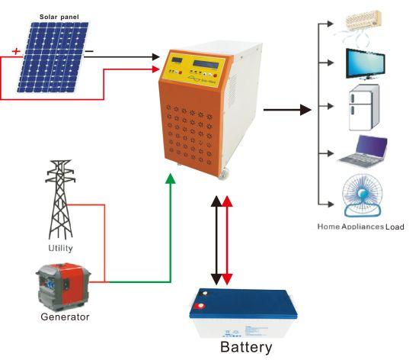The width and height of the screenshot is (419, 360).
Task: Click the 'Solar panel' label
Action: pyautogui.click(x=59, y=17)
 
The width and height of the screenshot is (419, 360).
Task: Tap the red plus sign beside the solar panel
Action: pyautogui.click(x=16, y=51)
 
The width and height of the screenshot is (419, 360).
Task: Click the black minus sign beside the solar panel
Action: pyautogui.click(x=89, y=51)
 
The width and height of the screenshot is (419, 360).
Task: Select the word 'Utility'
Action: pyautogui.click(x=60, y=248)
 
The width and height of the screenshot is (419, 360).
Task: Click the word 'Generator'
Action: pyautogui.click(x=65, y=317)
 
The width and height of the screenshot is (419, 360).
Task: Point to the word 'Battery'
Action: pyautogui.click(x=246, y=347)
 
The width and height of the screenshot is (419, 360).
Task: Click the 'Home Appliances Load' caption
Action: pyautogui.click(x=360, y=227)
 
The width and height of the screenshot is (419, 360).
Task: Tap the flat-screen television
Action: pyautogui.click(x=366, y=64)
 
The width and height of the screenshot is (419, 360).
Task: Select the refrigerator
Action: pyautogui.click(x=364, y=108)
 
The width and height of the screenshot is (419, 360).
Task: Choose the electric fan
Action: pyautogui.click(x=363, y=195)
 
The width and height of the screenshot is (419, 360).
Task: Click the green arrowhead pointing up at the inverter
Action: pyautogui.click(x=171, y=178)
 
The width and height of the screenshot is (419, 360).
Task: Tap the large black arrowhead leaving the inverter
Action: pyautogui.click(x=305, y=110)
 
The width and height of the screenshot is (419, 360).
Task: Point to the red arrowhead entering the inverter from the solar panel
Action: pyautogui.click(x=155, y=69)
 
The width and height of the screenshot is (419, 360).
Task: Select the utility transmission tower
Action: pyautogui.click(x=60, y=200)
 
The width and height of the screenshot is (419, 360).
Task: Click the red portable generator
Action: pyautogui.click(x=63, y=287)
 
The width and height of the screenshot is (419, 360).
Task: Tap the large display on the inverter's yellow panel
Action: pyautogui.click(x=206, y=65)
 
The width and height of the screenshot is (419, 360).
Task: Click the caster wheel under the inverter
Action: pyautogui.click(x=224, y=173)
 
